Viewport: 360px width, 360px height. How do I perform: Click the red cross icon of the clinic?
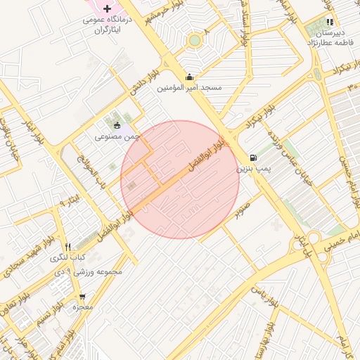point(107,8)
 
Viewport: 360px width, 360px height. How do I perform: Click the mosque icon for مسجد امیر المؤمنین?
point(188,77)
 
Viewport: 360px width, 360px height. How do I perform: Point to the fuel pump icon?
point(252,157)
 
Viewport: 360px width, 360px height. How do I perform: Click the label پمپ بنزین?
point(252,169)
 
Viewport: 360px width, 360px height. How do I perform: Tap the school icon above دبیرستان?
point(330,22)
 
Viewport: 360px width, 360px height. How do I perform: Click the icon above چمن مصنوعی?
point(117,125)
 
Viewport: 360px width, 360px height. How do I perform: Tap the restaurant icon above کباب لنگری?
point(67,247)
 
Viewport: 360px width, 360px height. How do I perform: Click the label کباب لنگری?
point(67,258)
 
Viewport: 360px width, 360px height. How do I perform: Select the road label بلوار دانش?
point(146,83)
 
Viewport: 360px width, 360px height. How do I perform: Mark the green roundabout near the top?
point(194,40)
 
